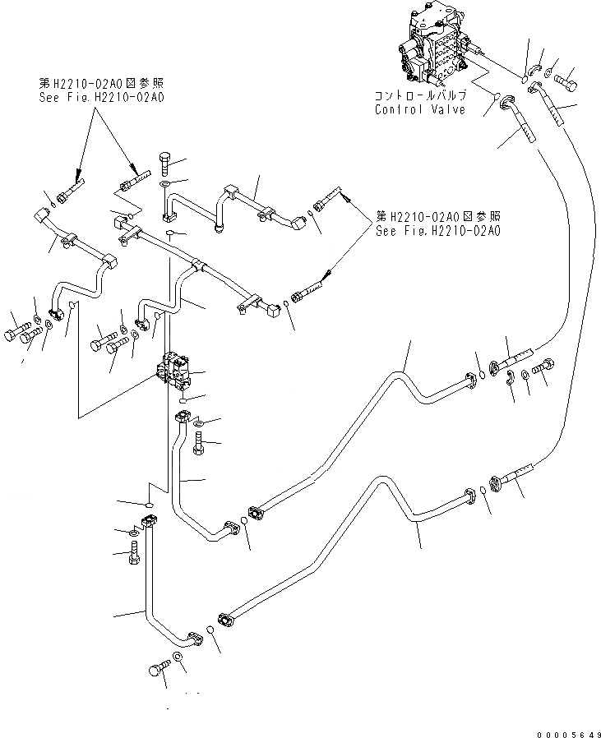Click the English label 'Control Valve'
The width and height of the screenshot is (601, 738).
pos(420,109)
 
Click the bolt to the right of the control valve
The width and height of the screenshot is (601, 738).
pos(566,81)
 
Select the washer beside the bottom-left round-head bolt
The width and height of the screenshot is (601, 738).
pos(177,658)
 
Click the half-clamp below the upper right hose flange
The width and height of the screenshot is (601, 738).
pos(511,377)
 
